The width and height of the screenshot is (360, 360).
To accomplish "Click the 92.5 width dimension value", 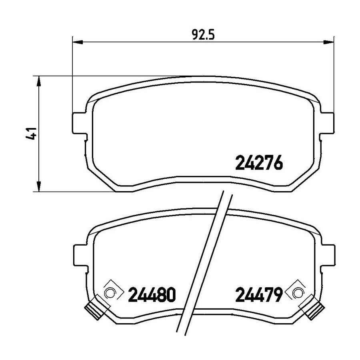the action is click(x=203, y=35).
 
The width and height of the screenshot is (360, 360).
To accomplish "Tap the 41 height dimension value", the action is click(x=31, y=133).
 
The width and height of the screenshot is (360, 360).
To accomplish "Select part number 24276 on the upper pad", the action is click(x=259, y=162).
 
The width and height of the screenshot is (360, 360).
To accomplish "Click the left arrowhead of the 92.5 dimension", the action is click(x=77, y=42).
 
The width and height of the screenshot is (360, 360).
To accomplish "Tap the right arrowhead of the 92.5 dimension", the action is click(x=328, y=42).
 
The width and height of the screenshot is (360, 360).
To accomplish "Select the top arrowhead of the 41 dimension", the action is click(x=39, y=81).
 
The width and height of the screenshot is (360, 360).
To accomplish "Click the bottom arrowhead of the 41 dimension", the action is click(x=39, y=186).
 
